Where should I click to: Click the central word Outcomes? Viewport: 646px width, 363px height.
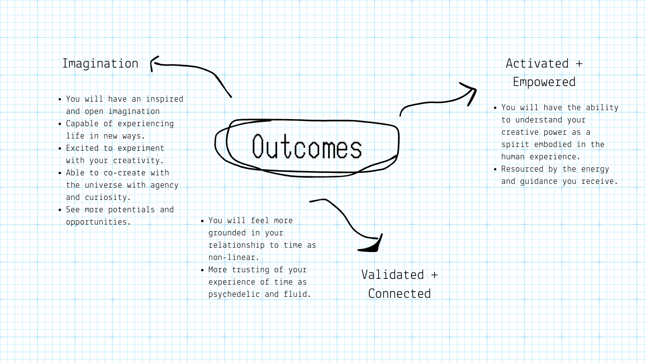pos(307,147)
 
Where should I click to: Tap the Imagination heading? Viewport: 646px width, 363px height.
pos(100,63)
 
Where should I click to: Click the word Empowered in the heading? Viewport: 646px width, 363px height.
pos(544,82)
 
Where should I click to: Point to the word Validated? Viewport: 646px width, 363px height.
pos(393,275)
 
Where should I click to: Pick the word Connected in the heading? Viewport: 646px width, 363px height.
pos(399,294)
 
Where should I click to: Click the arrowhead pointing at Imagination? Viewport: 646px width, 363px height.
pos(154,63)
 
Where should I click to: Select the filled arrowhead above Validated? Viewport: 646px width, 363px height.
pos(373,246)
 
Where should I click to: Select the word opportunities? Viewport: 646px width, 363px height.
pos(98,222)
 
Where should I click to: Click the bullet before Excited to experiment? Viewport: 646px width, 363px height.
pos(60,148)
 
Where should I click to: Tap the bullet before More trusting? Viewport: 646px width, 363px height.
pos(202,270)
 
